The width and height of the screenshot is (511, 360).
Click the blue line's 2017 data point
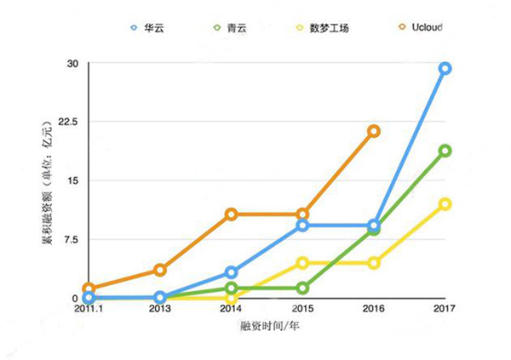(x=445, y=68)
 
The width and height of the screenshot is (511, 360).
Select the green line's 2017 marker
(x=445, y=151)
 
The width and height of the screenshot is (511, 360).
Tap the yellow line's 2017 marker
(x=445, y=204)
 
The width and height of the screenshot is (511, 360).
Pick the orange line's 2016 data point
(x=373, y=131)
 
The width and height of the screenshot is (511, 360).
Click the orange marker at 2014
(x=231, y=214)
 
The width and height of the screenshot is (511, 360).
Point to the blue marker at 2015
(x=302, y=226)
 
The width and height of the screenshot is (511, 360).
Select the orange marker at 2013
(x=159, y=270)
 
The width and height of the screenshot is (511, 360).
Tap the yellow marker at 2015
(x=302, y=263)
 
